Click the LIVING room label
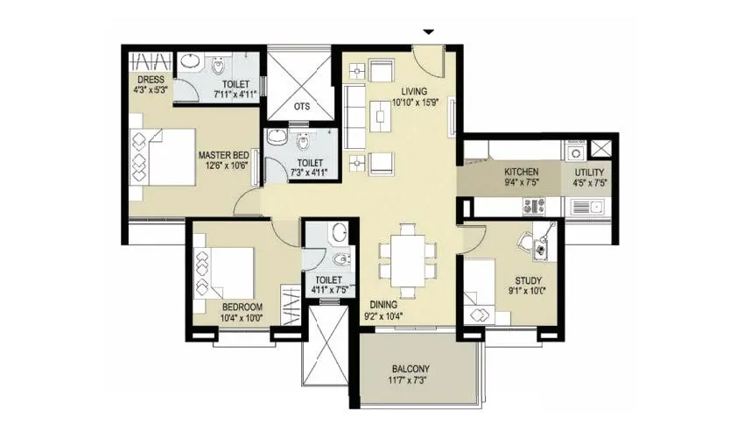click(x=414, y=91)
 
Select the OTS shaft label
click(x=301, y=106)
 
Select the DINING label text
click(x=383, y=305)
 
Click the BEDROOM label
click(x=242, y=306)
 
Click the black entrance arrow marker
click(x=428, y=32)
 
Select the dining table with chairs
click(x=407, y=259)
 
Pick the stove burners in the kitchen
click(x=535, y=206)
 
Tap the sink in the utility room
click(x=589, y=207)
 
